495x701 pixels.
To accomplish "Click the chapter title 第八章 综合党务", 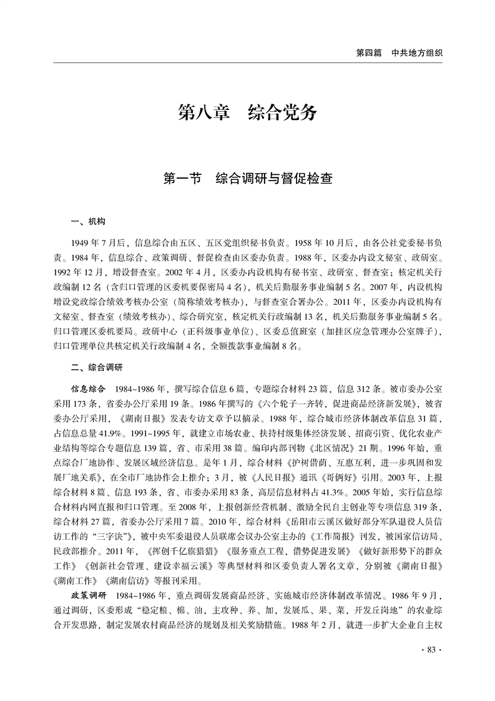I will pyautogui.click(x=247, y=113).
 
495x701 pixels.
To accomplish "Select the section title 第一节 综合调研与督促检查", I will pyautogui.click(x=247, y=179).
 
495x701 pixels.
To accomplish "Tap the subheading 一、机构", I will pyautogui.click(x=89, y=222).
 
